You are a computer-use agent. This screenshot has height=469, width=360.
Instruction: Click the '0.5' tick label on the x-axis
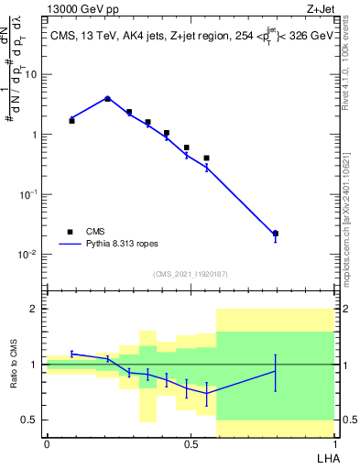(x=191, y=445)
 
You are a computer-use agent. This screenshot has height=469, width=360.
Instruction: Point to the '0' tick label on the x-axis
(x=47, y=445)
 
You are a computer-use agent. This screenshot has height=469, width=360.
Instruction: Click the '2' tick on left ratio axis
(x=35, y=309)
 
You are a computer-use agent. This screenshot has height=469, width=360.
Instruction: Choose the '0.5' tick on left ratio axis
(x=30, y=420)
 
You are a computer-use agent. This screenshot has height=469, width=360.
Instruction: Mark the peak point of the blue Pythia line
(x=107, y=98)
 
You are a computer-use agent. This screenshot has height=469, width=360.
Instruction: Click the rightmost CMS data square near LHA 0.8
(x=276, y=234)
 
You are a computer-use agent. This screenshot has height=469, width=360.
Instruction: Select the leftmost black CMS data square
(x=71, y=121)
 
